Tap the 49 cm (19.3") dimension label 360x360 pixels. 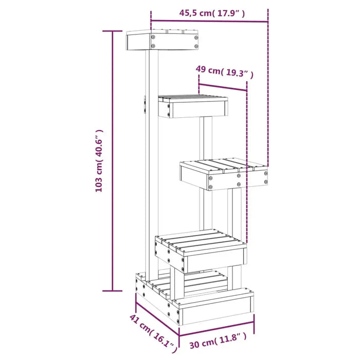[x=224, y=71]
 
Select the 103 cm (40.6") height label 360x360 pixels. [x=100, y=160]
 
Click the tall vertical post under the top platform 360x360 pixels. [x=152, y=154]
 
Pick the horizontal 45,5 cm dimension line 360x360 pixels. [x=209, y=22]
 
